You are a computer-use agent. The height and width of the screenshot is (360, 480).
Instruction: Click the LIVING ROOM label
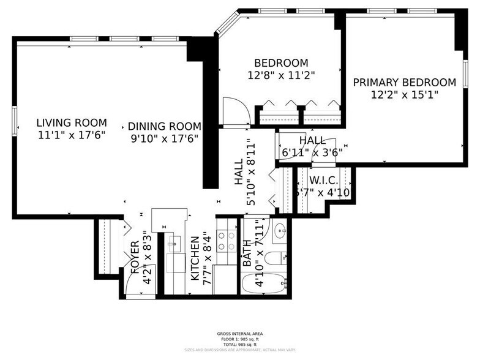tap(71, 122)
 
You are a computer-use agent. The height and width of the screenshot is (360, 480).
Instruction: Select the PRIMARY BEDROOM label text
tap(404, 83)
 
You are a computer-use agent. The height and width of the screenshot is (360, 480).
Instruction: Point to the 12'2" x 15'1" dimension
tap(404, 95)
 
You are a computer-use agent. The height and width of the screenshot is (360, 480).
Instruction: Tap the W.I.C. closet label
tap(321, 181)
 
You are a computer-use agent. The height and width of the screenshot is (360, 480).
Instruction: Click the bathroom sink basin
tap(280, 231)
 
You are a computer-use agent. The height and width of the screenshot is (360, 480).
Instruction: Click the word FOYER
tap(135, 257)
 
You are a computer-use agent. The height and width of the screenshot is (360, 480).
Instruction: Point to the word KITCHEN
tap(194, 259)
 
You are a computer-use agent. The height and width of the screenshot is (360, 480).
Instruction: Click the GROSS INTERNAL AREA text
tap(240, 333)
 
